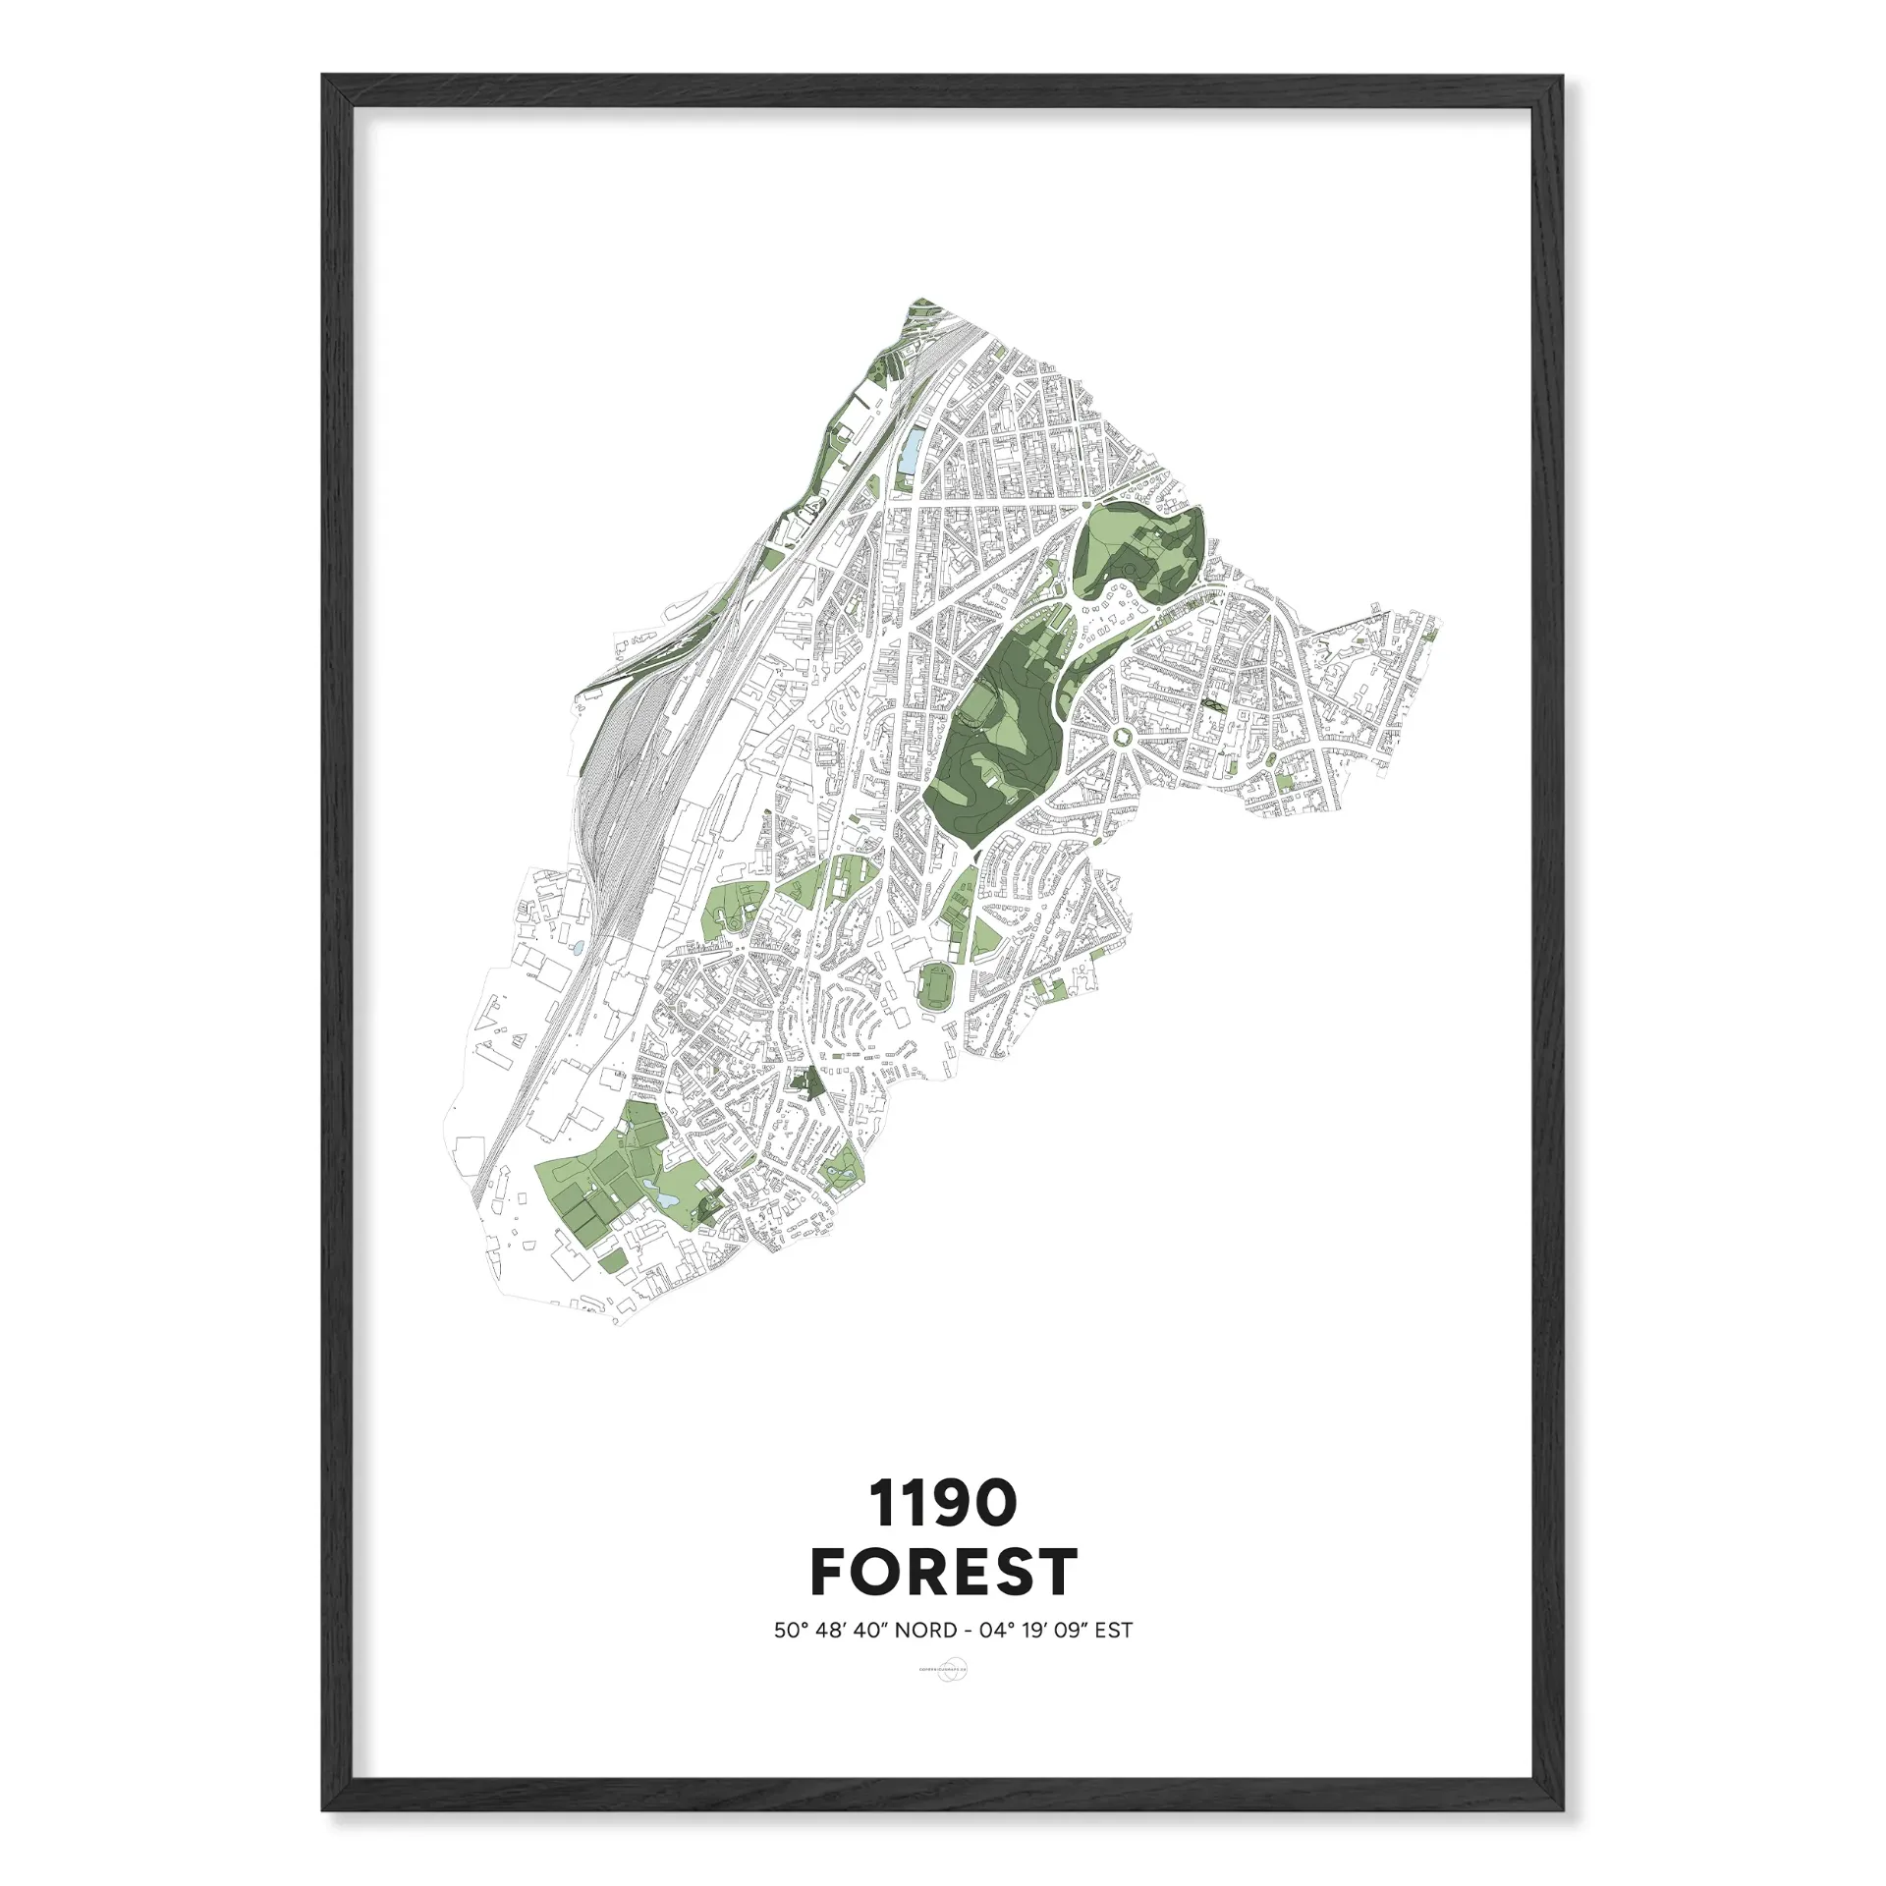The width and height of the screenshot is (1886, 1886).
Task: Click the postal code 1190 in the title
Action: [941, 1505]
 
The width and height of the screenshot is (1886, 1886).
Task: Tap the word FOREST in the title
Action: [943, 1572]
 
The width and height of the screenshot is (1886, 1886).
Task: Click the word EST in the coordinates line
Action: [1114, 1631]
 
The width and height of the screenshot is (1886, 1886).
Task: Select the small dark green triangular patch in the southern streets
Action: [811, 1083]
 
